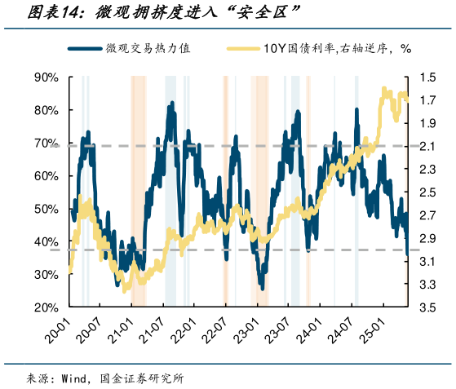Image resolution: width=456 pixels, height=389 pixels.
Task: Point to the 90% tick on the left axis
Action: [x=45, y=77]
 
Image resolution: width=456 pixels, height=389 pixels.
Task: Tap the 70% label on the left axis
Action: [x=45, y=144]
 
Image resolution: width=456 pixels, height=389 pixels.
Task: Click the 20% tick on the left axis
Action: [x=45, y=307]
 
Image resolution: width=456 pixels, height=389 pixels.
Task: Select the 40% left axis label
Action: [x=45, y=242]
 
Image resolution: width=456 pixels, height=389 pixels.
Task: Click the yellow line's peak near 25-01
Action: [x=385, y=90]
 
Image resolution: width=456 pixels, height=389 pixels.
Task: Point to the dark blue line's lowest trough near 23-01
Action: [x=262, y=287]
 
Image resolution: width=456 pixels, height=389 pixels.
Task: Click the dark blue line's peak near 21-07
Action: [x=172, y=104]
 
